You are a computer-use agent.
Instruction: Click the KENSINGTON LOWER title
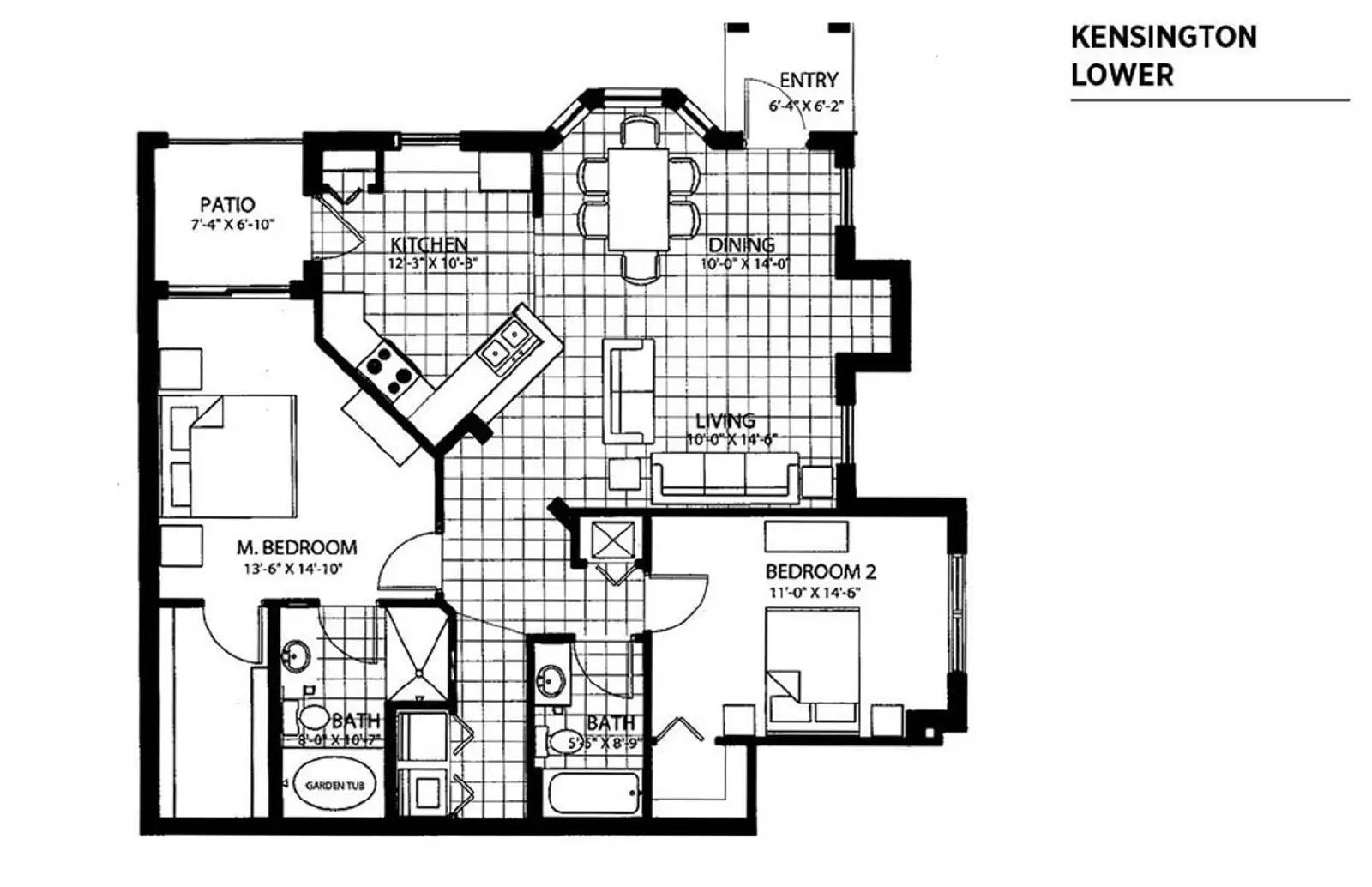point(1163,56)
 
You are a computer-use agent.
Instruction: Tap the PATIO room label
point(227,205)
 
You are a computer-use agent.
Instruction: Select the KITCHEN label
point(429,244)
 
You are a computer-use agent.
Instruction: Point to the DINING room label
point(742,245)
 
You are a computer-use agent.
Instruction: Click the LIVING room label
point(725,420)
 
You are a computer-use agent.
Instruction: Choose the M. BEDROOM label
point(297,546)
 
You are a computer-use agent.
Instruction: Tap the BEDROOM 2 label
point(820,571)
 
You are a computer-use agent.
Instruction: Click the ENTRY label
point(808,80)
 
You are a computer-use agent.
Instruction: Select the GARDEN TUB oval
point(335,786)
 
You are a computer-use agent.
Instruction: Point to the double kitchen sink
point(508,342)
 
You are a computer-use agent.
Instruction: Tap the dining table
point(638,198)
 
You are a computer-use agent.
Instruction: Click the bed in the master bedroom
point(230,456)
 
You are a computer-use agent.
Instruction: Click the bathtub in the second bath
point(593,793)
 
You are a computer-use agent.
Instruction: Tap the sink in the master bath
point(296,658)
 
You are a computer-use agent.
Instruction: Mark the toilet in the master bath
point(310,717)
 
